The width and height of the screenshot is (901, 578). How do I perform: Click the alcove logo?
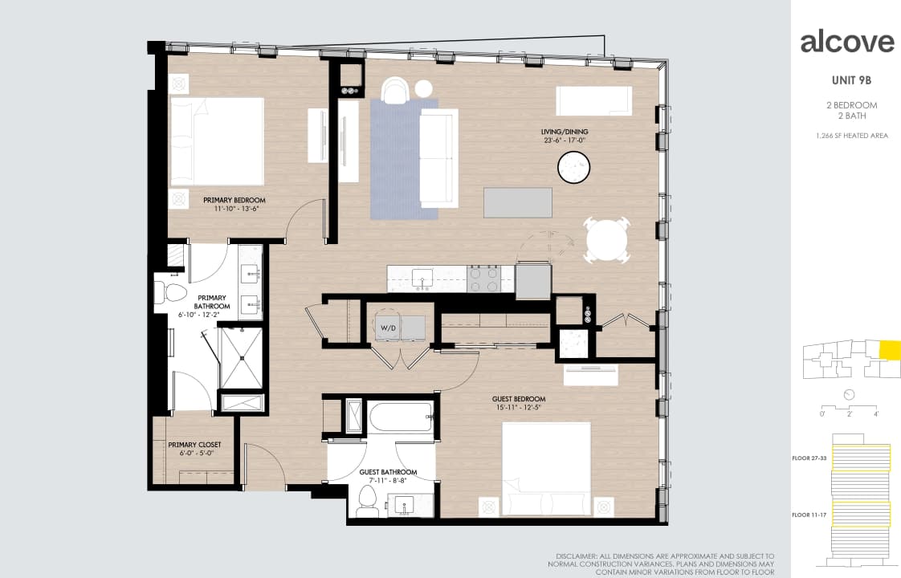coord(846,42)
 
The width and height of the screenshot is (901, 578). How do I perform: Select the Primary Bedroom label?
coord(234,204)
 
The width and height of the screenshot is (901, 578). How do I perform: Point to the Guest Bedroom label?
coord(519,403)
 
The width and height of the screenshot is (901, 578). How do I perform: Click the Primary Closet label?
coord(194,449)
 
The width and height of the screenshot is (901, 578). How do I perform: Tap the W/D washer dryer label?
coord(388,328)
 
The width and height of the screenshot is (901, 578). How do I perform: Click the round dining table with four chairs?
coord(608,239)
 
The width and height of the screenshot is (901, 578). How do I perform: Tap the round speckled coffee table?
coord(574,167)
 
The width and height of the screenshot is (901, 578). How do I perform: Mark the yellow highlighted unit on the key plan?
coord(890,351)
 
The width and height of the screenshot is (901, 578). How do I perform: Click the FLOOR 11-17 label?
coord(809,514)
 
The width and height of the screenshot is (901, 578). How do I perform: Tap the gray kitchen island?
coord(518,202)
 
